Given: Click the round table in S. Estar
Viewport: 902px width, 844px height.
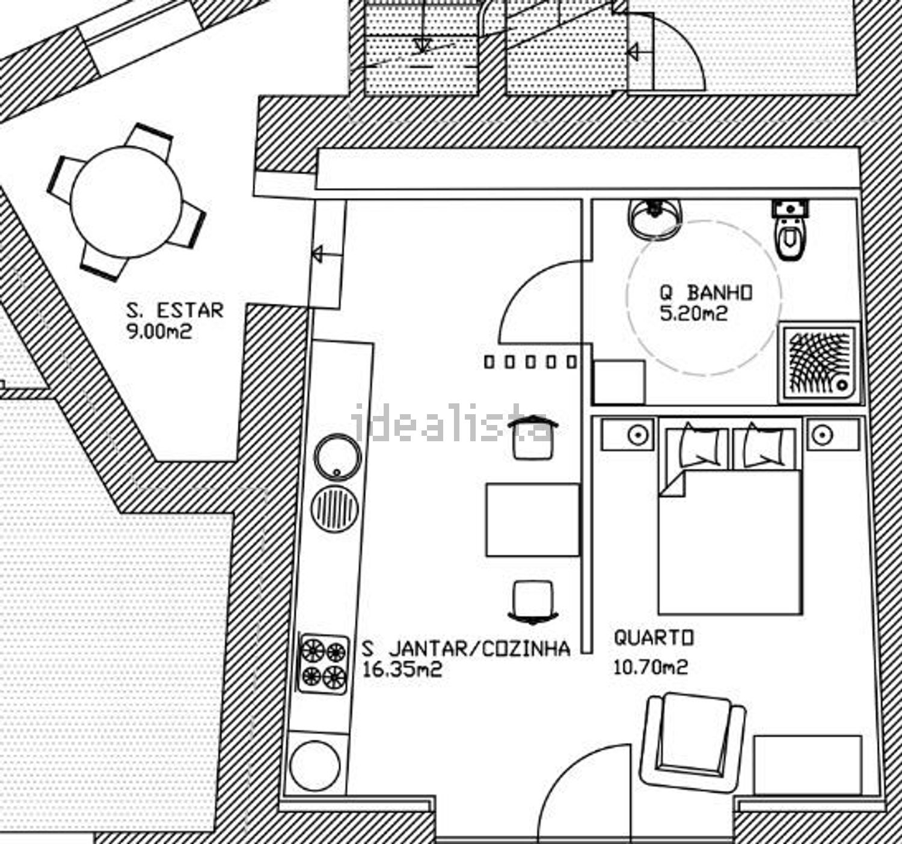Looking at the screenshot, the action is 126,202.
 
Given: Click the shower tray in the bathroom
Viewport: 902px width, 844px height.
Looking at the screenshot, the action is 819,362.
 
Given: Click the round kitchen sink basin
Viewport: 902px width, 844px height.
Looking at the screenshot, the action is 337,457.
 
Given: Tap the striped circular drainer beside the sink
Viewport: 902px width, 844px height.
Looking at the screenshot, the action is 335,509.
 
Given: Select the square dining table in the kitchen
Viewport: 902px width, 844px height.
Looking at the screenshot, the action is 533,519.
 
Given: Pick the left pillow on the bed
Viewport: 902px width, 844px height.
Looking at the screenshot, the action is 699,445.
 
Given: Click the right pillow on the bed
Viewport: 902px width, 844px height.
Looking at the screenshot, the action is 764,445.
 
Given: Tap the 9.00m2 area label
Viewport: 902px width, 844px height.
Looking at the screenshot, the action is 159,332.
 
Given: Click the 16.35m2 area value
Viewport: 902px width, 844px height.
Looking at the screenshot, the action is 402,669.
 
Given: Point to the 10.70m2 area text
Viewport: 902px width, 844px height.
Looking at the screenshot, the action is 651,667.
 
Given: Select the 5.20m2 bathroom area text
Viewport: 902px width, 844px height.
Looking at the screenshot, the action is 693,313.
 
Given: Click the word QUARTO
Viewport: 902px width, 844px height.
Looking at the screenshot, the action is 654,638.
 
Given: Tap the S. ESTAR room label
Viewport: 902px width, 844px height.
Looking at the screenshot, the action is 175,311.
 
